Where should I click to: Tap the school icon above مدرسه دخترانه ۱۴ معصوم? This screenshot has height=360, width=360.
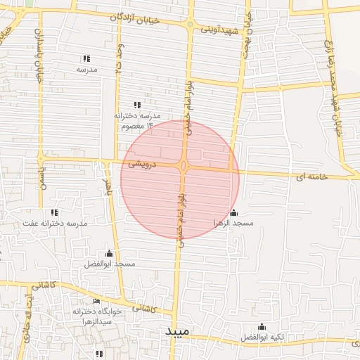point(136,104)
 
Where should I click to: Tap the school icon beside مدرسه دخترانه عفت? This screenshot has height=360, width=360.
point(54,212)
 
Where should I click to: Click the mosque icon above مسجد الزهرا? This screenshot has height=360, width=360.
point(233,212)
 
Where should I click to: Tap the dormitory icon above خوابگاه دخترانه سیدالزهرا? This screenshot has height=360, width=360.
point(96,302)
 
